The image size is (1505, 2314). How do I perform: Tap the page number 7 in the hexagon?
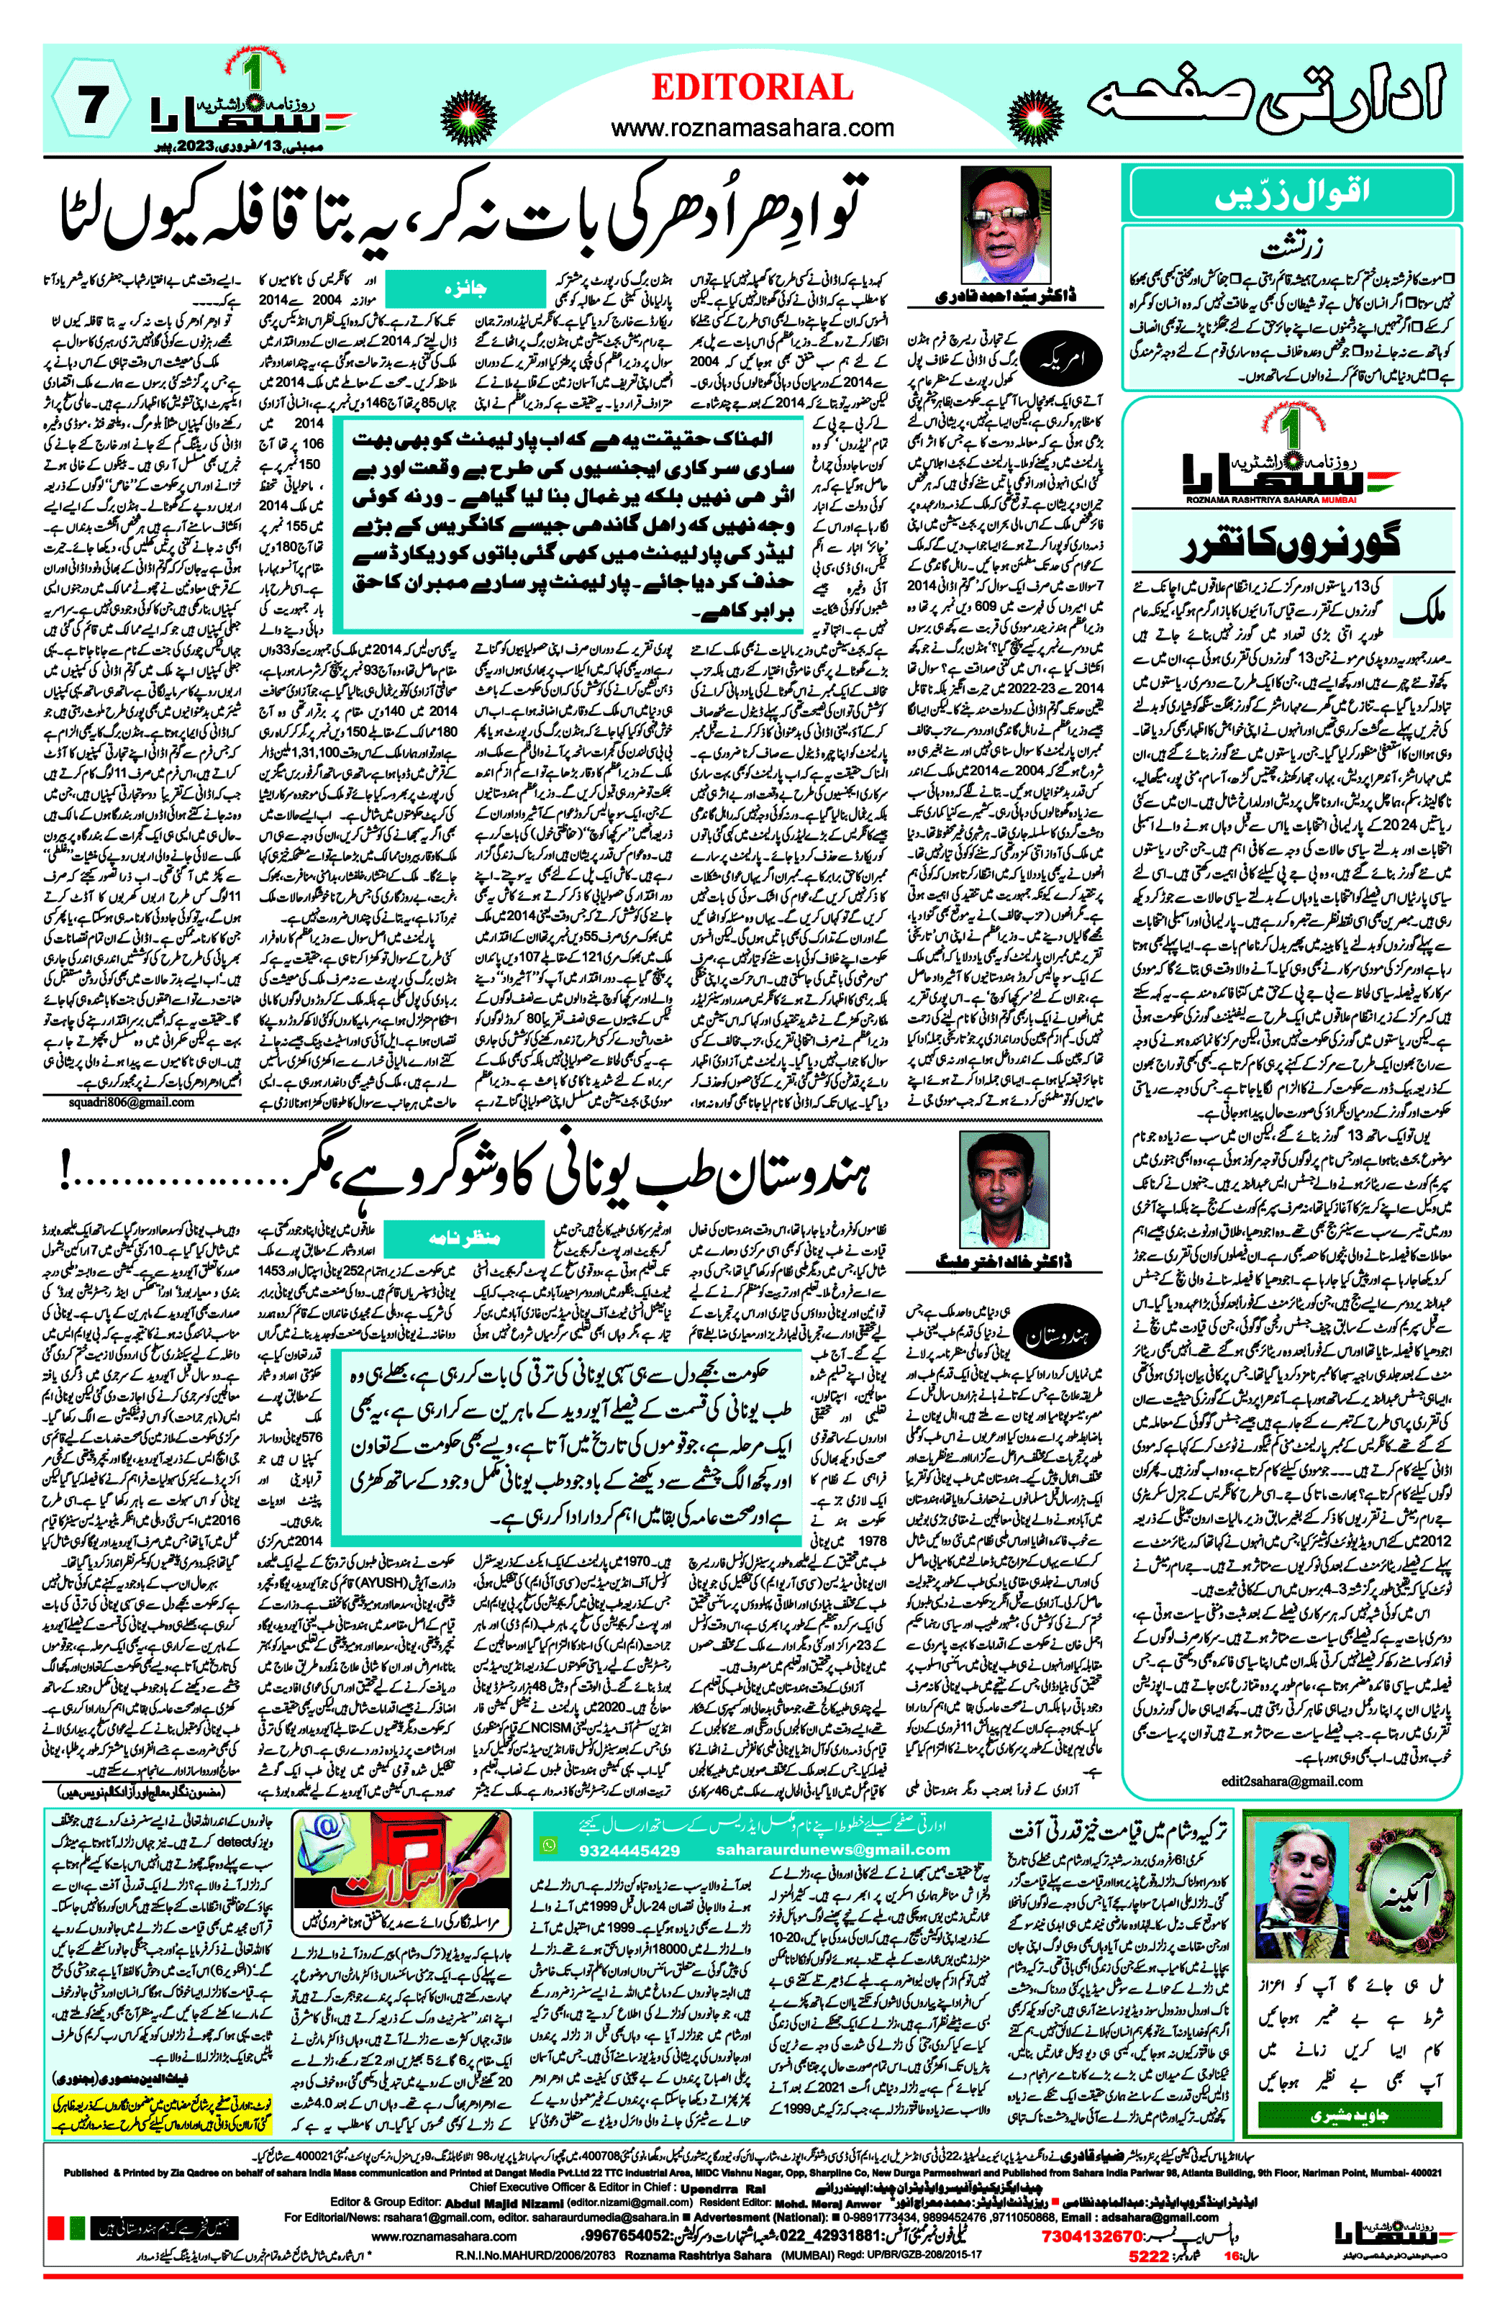[91, 103]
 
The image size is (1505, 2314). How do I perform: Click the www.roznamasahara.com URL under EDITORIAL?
[752, 127]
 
